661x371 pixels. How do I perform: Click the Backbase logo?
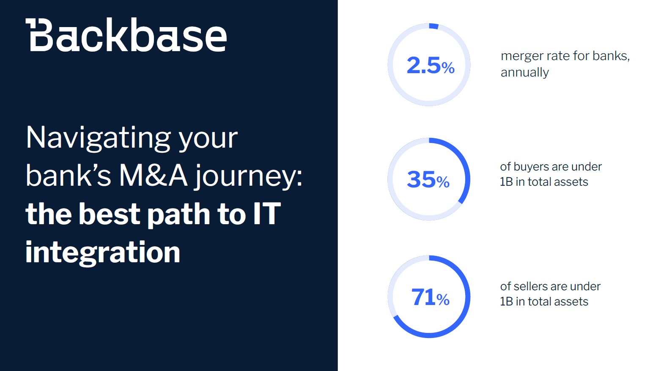click(126, 35)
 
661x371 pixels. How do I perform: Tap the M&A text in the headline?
click(153, 176)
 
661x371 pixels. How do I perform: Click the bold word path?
click(178, 215)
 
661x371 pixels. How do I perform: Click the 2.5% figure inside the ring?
click(430, 65)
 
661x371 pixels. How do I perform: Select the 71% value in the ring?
click(430, 297)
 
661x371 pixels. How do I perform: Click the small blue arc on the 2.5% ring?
click(433, 26)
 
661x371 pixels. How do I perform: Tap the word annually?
click(525, 72)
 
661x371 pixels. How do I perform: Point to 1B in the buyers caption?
click(506, 182)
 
